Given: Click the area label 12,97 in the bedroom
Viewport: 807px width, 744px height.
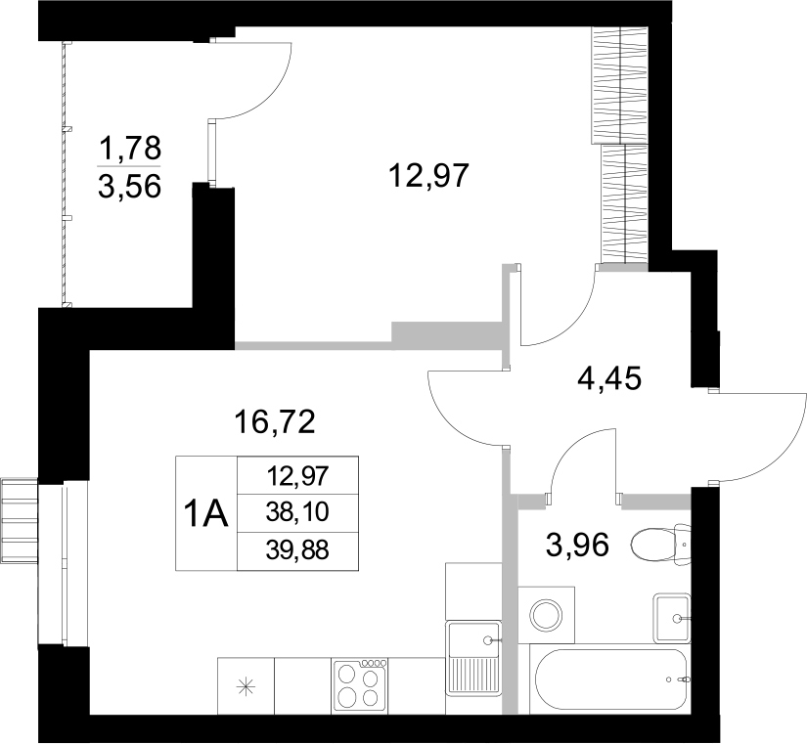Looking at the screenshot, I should click(x=430, y=176).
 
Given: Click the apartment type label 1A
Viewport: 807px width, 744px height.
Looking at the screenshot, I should click(x=206, y=512).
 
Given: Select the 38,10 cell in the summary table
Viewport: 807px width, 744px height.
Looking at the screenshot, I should click(x=298, y=512).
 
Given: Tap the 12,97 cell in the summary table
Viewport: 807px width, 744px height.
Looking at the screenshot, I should click(x=298, y=476).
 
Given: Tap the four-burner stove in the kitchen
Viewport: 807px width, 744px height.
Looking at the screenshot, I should click(x=360, y=680).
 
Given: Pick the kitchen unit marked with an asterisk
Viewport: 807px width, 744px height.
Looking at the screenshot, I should click(x=246, y=685).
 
